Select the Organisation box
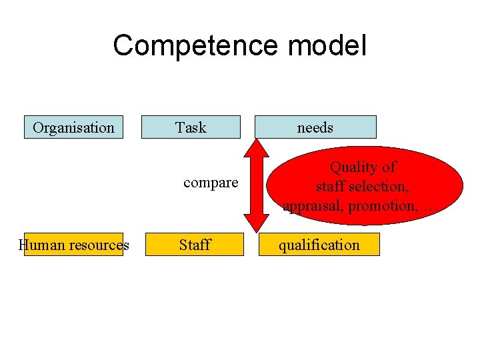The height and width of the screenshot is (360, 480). (x=73, y=127)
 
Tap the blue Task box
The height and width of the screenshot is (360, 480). (x=191, y=127)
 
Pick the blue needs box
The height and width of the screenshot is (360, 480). (x=315, y=127)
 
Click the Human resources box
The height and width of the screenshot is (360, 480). (x=73, y=245)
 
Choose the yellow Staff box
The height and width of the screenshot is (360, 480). (x=195, y=245)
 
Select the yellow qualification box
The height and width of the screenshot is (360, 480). (x=319, y=245)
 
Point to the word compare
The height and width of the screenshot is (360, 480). (x=211, y=183)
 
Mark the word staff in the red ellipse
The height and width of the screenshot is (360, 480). (x=330, y=187)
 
